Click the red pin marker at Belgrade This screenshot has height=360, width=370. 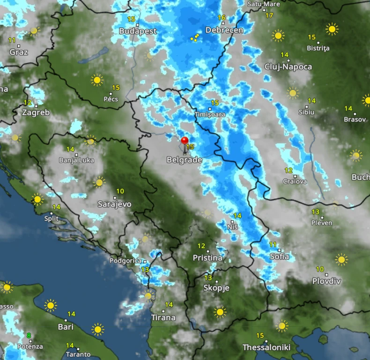point(185,140)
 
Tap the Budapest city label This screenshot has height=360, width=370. point(138,31)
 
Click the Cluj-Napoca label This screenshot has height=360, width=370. point(288,67)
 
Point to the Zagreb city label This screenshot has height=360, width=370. point(36,112)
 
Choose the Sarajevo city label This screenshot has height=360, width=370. point(114,204)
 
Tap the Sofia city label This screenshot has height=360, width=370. point(279,256)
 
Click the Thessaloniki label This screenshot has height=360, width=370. point(266,347)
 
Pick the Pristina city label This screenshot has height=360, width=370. point(207,258)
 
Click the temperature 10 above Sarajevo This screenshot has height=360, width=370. point(120,191)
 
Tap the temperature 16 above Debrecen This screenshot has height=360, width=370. point(222,17)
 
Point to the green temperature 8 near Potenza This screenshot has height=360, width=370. point(29,336)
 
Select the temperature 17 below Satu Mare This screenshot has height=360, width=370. point(269,15)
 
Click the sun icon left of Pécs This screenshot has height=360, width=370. point(97,80)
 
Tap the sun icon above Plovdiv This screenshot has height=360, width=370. point(341,259)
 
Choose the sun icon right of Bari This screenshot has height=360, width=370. point(97,329)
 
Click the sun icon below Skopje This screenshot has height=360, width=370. point(220,312)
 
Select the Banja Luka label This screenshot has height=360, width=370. point(76,160)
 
